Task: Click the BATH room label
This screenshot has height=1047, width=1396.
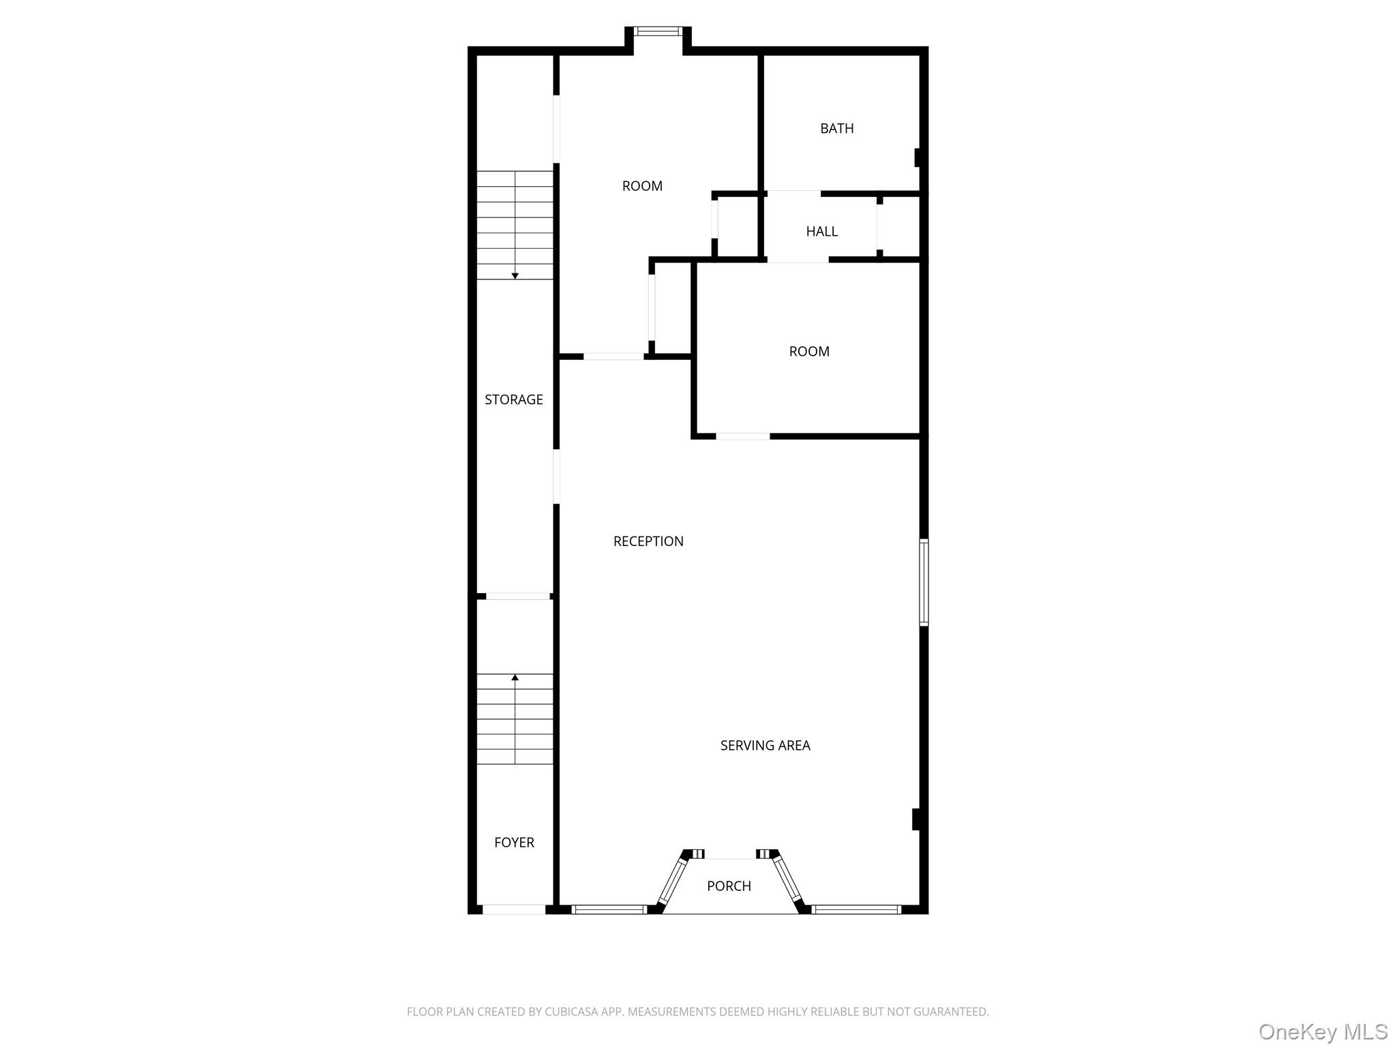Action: click(836, 128)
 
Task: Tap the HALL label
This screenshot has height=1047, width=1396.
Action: click(821, 231)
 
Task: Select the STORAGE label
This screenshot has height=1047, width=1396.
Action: click(513, 399)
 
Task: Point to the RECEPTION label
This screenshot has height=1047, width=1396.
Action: click(648, 541)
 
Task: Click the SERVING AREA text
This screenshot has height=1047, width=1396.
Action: click(765, 746)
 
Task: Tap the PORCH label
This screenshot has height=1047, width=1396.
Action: click(729, 886)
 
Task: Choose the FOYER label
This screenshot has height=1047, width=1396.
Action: click(514, 843)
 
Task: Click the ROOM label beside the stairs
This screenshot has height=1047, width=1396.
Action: click(642, 186)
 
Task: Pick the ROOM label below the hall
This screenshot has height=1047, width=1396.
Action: click(809, 352)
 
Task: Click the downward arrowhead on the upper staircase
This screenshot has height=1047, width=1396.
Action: click(515, 275)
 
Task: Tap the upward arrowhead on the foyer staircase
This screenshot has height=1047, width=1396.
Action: click(515, 678)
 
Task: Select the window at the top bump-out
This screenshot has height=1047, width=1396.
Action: click(657, 31)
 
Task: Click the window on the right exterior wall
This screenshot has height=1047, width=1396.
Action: click(924, 582)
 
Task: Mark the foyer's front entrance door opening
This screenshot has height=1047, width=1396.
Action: click(513, 909)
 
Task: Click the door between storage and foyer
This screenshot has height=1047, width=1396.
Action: click(517, 596)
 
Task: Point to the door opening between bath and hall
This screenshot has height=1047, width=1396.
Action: click(793, 194)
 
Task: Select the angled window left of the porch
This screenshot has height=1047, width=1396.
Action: click(673, 881)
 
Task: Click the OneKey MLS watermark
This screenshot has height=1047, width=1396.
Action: click(1322, 1031)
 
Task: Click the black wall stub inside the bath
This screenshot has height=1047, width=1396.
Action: click(917, 157)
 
